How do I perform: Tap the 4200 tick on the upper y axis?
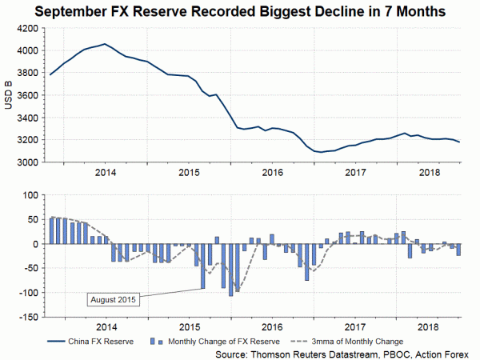point(26,28)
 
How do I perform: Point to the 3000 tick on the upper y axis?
point(26,162)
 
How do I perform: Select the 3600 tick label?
point(26,95)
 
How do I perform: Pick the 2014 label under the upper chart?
point(106,172)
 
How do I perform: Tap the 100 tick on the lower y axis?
point(30,194)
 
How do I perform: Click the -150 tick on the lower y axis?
point(28,317)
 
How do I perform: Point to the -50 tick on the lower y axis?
point(30,268)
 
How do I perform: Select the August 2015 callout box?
point(113,300)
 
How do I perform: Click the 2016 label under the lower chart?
point(272,326)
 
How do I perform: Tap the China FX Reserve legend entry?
point(94,339)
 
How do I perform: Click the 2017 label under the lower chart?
point(354,326)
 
